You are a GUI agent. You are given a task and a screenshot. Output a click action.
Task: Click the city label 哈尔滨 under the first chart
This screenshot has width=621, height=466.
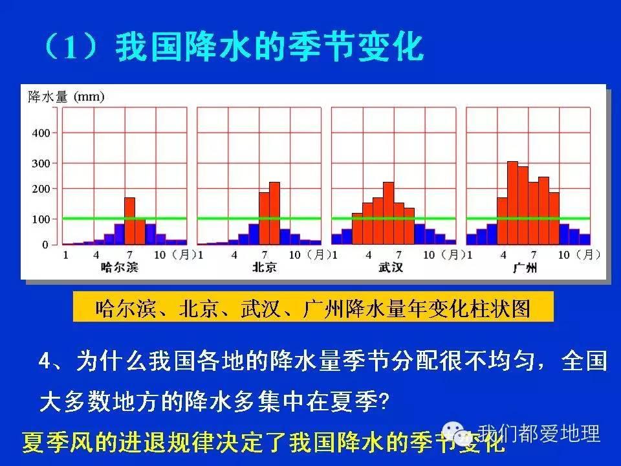click(x=120, y=267)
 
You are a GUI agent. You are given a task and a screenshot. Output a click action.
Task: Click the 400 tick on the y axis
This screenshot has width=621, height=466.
click(x=40, y=133)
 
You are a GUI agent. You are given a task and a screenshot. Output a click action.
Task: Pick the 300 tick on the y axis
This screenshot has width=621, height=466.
click(x=40, y=163)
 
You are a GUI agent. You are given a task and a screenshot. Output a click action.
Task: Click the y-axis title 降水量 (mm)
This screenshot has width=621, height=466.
click(x=66, y=97)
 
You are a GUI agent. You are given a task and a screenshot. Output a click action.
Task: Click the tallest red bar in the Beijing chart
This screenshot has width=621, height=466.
click(x=274, y=213)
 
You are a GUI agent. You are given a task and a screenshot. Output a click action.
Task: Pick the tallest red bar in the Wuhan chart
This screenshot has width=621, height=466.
click(x=388, y=213)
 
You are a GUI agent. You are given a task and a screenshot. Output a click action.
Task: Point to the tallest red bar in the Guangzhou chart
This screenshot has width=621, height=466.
click(x=512, y=203)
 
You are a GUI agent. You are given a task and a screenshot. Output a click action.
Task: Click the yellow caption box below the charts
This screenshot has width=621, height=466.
click(x=312, y=307)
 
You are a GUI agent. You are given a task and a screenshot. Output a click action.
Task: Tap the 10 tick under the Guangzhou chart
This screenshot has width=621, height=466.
click(x=564, y=254)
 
